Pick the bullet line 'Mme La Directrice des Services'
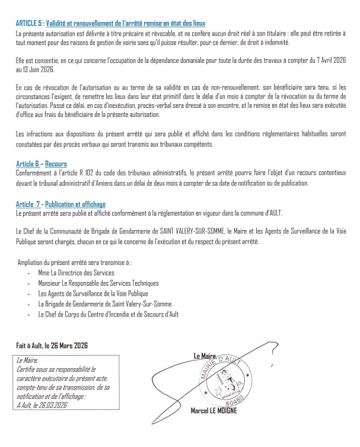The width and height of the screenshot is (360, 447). (x=77, y=273)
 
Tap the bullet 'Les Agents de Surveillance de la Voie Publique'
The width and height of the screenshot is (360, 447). (x=93, y=293)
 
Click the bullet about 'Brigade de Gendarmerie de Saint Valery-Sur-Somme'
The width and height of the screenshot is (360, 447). (x=100, y=304)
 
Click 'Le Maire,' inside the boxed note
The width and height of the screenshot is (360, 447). (x=28, y=360)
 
